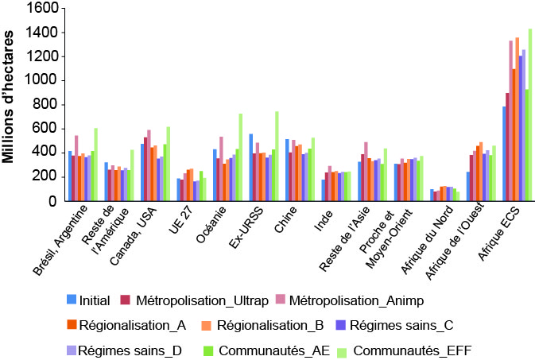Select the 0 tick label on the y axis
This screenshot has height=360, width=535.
[x=50, y=200]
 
